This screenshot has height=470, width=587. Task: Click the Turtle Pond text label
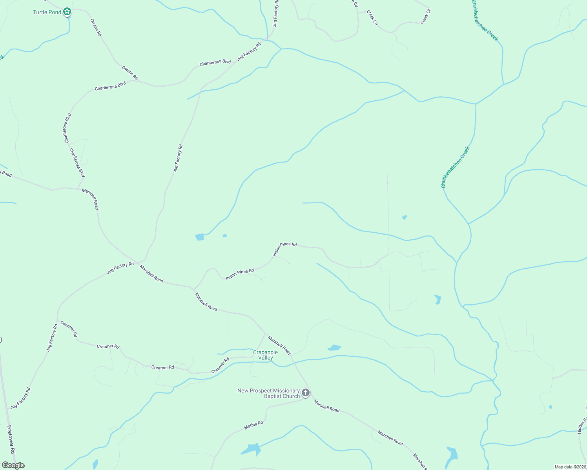(x=47, y=12)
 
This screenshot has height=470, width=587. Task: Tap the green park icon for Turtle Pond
(x=67, y=11)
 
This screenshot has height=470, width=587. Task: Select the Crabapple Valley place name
(x=265, y=355)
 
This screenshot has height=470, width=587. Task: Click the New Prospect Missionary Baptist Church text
(x=268, y=393)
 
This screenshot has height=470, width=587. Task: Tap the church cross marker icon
(x=305, y=392)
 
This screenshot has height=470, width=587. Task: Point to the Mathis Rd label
(x=253, y=425)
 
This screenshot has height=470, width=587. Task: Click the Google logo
(x=13, y=465)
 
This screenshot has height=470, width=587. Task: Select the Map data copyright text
(x=570, y=467)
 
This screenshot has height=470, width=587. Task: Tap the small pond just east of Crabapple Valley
(x=334, y=347)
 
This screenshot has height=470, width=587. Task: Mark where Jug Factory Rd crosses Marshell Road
(x=137, y=262)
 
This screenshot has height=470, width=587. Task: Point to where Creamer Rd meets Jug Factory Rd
(x=58, y=321)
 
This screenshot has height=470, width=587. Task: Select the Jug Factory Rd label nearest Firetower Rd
(x=20, y=398)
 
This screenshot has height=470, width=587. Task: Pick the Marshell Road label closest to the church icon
(x=326, y=406)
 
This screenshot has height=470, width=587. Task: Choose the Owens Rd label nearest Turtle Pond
(x=96, y=27)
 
